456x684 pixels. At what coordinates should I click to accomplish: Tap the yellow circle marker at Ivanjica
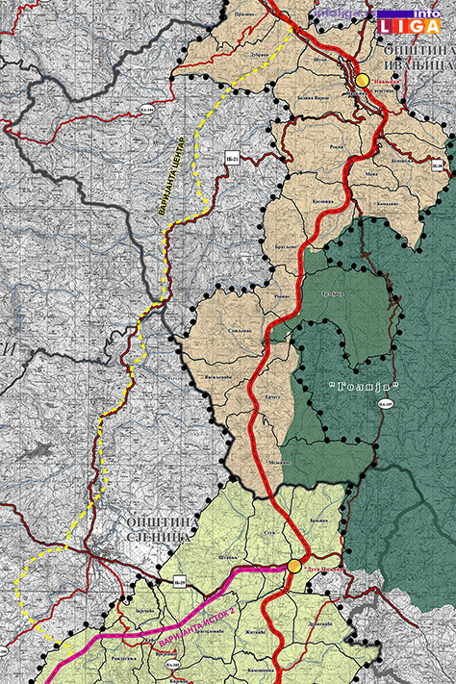tap(363, 81)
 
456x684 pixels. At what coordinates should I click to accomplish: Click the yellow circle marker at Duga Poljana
tap(294, 567)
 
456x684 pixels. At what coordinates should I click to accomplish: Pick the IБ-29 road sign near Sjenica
tap(179, 582)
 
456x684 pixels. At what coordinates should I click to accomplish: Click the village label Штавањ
tap(227, 557)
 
